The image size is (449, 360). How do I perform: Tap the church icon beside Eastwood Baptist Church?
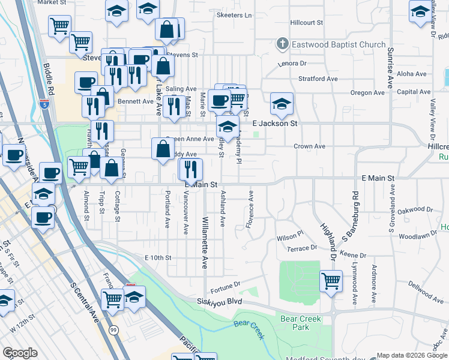pyautogui.click(x=282, y=44)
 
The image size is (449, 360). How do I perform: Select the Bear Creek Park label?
pyautogui.click(x=300, y=323)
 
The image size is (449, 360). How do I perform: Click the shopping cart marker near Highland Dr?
pyautogui.click(x=330, y=281)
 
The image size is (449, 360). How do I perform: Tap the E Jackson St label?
pyautogui.click(x=275, y=123)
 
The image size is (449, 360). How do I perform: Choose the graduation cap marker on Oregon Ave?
pyautogui.click(x=282, y=104)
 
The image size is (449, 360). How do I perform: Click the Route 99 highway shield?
pyautogui.click(x=113, y=329)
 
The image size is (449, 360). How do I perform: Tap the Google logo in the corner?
pyautogui.click(x=20, y=353)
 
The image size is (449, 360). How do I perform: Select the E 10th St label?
pyautogui.click(x=158, y=258)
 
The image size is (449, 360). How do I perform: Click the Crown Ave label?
pyautogui.click(x=309, y=146)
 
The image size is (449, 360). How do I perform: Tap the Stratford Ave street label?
pyautogui.click(x=318, y=79)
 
